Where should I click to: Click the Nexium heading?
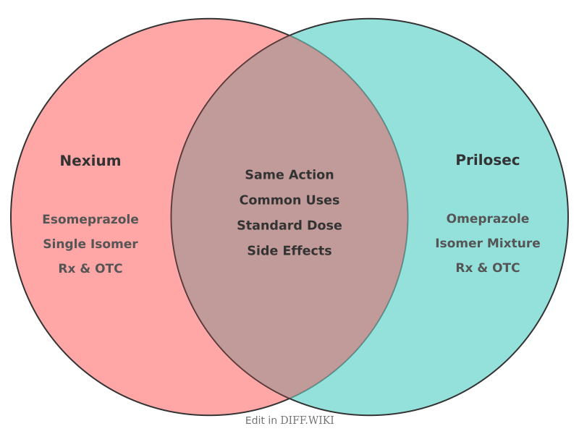(90, 161)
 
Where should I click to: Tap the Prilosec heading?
(487, 160)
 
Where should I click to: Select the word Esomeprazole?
(90, 220)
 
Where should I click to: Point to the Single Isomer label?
(90, 244)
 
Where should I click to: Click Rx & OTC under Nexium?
(90, 268)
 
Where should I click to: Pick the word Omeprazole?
(487, 219)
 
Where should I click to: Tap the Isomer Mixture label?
(487, 243)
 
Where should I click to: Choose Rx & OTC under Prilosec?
(487, 268)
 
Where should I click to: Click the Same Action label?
(289, 174)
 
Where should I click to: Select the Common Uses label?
(289, 200)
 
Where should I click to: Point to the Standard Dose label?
(289, 226)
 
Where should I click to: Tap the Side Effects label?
(289, 250)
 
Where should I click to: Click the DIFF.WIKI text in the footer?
(307, 420)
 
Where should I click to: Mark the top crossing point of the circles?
(289, 35)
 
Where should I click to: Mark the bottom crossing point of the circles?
(289, 398)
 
